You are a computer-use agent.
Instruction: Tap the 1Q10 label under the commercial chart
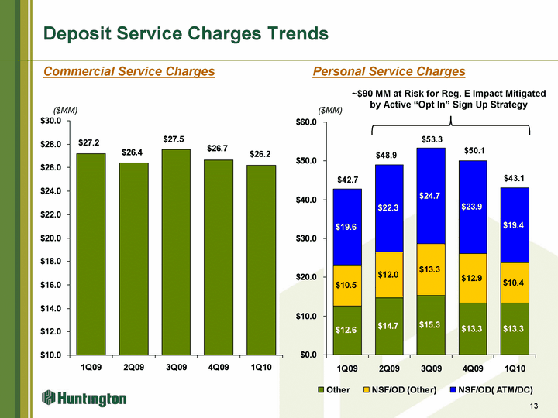coord(261,366)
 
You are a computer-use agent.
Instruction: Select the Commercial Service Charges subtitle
coord(129,72)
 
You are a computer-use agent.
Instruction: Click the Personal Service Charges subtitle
coord(388,72)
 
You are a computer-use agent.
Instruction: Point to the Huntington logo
coord(84,398)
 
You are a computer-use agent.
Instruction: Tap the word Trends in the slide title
coord(290,34)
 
